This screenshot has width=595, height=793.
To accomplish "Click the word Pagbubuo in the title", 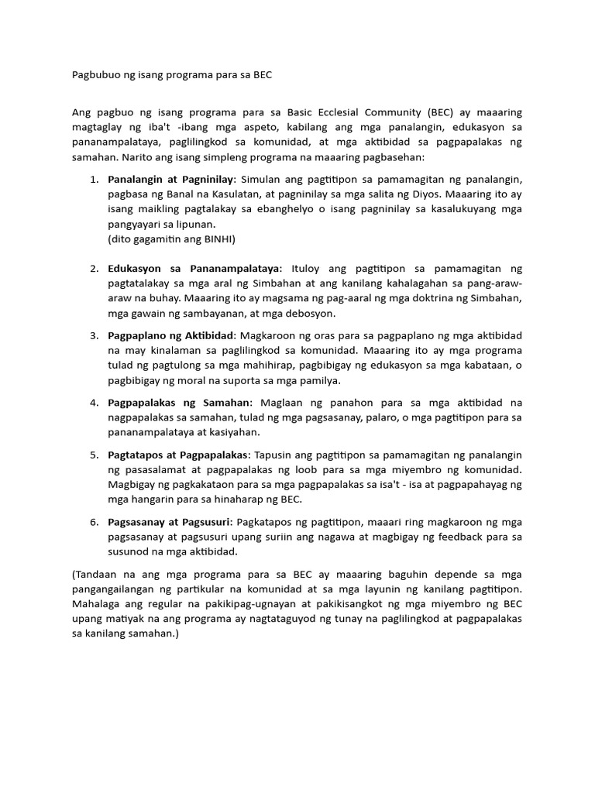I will [x=96, y=75].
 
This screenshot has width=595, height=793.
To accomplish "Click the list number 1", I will [x=93, y=180].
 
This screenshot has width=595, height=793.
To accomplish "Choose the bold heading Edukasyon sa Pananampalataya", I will [x=194, y=269].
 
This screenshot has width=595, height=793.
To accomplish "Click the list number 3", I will [x=93, y=335].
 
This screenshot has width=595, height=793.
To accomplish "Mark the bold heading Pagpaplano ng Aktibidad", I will [x=171, y=335].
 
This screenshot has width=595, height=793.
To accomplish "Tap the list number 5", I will [x=93, y=455].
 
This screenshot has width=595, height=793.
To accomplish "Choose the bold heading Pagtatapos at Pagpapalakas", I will [x=178, y=455].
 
